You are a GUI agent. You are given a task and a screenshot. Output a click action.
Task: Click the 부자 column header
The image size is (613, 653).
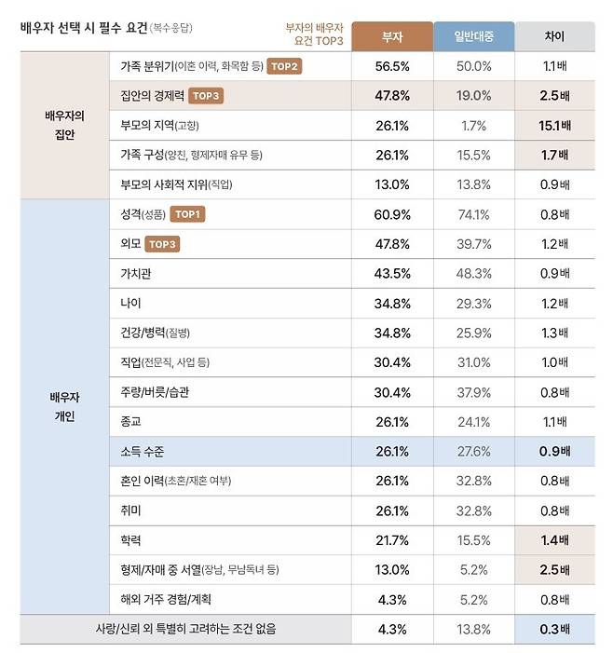click(x=392, y=35)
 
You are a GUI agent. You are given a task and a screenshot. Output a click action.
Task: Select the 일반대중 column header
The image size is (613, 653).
click(x=472, y=35)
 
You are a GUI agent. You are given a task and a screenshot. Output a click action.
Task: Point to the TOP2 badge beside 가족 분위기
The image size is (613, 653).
click(x=285, y=66)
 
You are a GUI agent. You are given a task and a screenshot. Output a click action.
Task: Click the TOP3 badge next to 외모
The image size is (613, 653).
click(x=162, y=244)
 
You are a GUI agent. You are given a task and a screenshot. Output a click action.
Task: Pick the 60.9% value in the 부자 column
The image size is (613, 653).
click(x=392, y=214)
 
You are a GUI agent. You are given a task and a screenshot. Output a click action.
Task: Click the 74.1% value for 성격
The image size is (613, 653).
click(x=472, y=214)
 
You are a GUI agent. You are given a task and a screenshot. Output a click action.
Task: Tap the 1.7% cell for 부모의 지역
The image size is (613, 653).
click(x=472, y=125)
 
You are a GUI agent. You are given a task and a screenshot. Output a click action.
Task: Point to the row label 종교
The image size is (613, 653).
click(x=130, y=422)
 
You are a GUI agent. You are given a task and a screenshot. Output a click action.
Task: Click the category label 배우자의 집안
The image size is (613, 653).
click(x=64, y=125)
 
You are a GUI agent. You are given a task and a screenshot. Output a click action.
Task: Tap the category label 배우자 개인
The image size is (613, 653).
click(x=64, y=407)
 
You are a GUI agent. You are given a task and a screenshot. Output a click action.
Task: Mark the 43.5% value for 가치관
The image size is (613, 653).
click(x=392, y=274)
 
